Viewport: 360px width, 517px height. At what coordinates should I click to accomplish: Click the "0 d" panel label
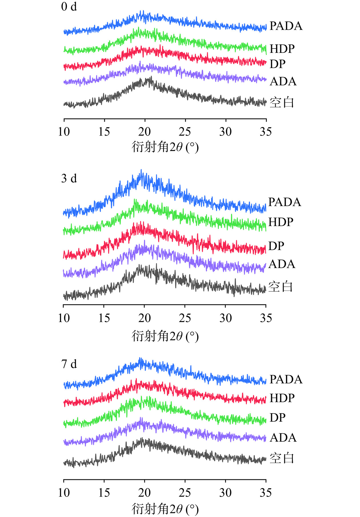pos(69,7)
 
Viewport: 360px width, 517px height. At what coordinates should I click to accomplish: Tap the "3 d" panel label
pos(69,179)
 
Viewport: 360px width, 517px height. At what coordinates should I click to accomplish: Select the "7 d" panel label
pos(69,364)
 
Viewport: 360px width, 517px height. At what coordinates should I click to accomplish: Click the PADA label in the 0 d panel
pos(286,26)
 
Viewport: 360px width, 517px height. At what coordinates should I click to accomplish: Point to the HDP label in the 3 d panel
pos(281,222)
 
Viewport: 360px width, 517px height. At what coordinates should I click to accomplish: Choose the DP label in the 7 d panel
pos(277,418)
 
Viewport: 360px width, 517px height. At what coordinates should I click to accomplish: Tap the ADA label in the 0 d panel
pos(283,82)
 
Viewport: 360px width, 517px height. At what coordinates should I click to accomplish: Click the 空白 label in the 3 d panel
pos(281,287)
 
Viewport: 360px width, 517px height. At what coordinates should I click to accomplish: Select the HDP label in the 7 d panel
pos(282,398)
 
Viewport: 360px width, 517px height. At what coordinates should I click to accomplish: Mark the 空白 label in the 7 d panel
pos(282,458)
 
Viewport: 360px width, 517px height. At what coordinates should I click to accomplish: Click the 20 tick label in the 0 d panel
pos(145,132)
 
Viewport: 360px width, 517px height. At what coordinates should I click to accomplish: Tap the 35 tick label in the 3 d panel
pos(266,318)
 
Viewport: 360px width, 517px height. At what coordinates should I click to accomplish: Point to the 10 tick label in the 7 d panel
pos(64,493)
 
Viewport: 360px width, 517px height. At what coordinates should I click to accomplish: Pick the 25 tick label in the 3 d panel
pos(185,318)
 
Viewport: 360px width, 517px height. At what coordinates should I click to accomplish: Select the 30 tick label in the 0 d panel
pos(225,132)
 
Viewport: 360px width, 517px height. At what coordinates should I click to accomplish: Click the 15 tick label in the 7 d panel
pos(104,493)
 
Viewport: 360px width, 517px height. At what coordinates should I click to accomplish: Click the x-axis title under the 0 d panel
pos(165,147)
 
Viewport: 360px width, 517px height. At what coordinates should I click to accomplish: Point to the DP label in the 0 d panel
pos(277,64)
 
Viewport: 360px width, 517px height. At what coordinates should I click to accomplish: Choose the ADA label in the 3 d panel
pos(282,264)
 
